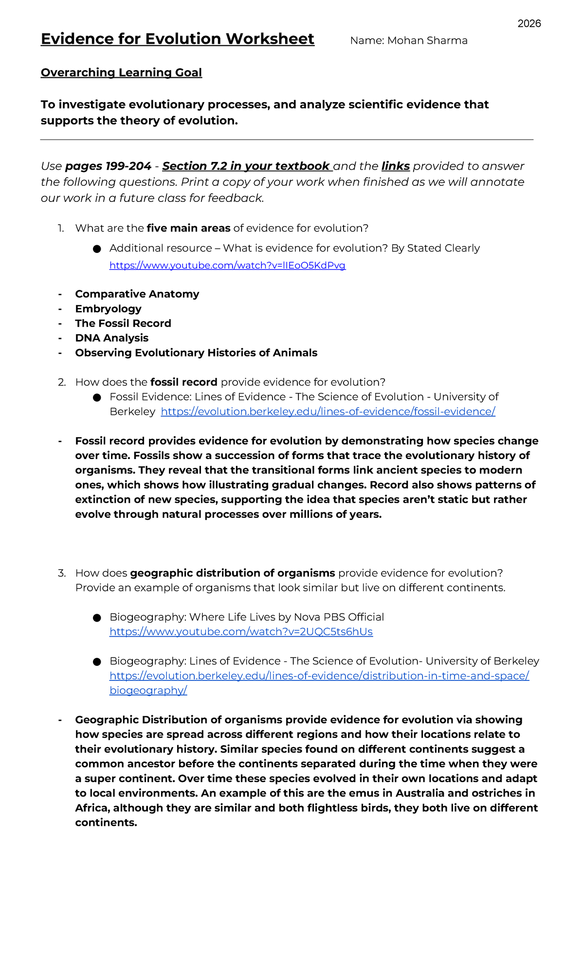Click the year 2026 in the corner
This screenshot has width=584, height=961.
coord(529,24)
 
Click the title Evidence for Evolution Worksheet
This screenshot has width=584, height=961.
coord(177,39)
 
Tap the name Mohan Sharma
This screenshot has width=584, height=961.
coord(427,41)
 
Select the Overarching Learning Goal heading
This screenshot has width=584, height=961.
coord(121,72)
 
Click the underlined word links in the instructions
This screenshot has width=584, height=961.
coord(395,166)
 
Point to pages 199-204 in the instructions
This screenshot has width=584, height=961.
coord(108,166)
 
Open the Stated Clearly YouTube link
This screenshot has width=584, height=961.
coord(227,266)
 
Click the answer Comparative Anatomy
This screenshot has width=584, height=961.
coord(137,294)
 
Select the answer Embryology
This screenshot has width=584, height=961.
coord(108,309)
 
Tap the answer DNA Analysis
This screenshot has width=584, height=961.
coord(111,338)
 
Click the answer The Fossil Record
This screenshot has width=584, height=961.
coord(123,323)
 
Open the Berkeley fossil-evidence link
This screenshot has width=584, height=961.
coord(328,412)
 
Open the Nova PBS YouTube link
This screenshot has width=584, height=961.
coord(241,632)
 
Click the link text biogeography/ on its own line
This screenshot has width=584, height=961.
coord(148,691)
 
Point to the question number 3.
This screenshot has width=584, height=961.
coord(61,573)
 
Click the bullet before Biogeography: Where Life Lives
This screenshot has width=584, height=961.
coord(97,618)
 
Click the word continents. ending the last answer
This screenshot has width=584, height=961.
coord(106,823)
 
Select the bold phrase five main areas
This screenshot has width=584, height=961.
coord(188,228)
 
